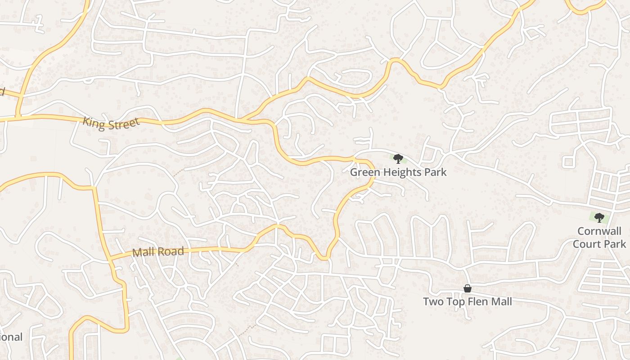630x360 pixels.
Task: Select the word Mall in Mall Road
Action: click(x=144, y=253)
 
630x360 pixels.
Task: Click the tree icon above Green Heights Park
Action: click(x=398, y=158)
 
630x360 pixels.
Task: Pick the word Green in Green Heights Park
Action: click(x=364, y=172)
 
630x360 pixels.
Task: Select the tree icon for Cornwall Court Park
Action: click(x=599, y=218)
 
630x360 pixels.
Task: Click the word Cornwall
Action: click(x=599, y=232)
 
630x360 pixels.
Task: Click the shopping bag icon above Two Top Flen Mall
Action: click(x=468, y=288)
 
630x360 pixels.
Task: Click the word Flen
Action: click(x=477, y=301)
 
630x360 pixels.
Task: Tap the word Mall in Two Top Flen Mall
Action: click(x=501, y=301)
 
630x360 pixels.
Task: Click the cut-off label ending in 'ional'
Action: click(x=11, y=337)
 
